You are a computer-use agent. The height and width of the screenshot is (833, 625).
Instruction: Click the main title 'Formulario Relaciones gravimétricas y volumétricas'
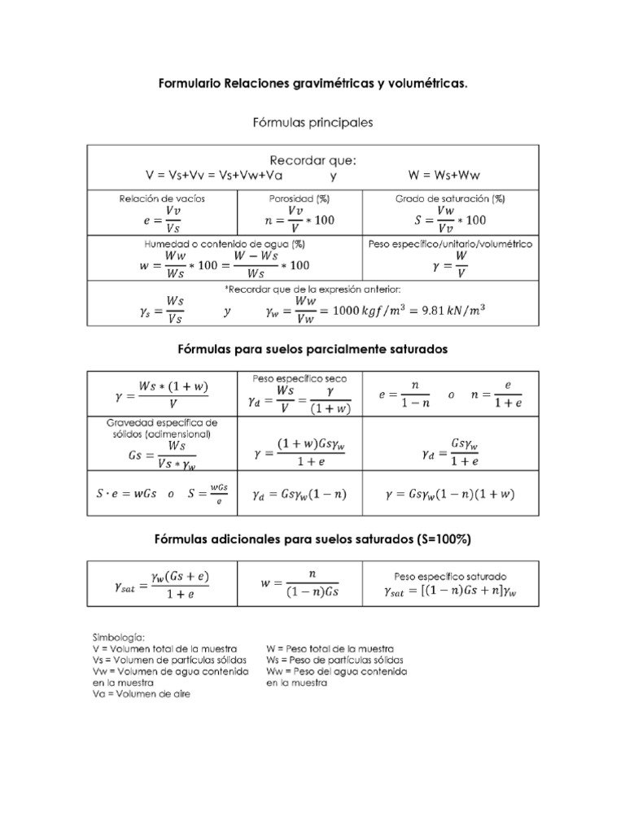click(312, 84)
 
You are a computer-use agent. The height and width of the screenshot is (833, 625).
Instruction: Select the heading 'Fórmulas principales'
click(312, 122)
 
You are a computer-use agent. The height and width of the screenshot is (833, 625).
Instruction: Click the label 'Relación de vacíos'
click(162, 198)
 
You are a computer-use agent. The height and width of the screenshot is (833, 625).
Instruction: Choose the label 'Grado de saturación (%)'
click(450, 198)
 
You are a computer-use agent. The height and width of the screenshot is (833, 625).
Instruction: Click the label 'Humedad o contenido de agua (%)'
click(225, 243)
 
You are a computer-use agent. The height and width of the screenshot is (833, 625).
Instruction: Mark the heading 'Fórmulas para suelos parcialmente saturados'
click(312, 348)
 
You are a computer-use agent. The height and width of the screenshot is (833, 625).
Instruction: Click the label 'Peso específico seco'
click(299, 378)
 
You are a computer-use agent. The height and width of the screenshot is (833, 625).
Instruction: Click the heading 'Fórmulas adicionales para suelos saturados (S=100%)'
click(312, 539)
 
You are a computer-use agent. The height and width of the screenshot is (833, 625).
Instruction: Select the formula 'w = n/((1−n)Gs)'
click(300, 583)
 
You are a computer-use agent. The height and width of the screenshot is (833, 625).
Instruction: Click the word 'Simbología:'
click(118, 637)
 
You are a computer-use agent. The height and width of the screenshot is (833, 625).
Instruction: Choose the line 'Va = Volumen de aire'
click(141, 695)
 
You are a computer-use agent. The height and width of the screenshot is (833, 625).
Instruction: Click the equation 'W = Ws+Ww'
click(444, 175)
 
